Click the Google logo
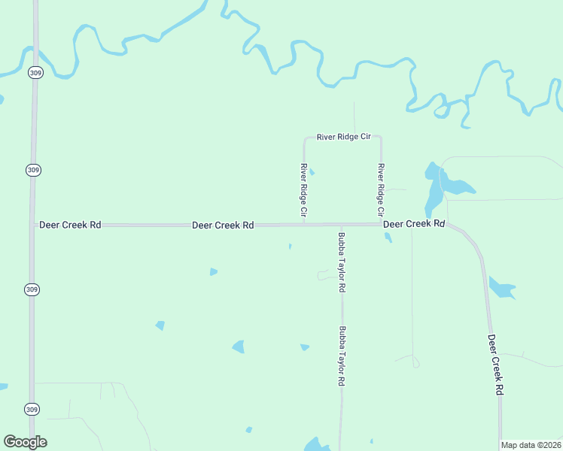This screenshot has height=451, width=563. (26, 442)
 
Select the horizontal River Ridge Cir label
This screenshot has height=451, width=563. (344, 137)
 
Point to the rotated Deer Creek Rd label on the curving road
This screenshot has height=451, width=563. (495, 365)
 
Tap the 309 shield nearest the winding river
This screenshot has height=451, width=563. (35, 72)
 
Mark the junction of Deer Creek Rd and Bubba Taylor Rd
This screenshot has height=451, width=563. (341, 225)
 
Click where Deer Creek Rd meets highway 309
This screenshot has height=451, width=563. (33, 225)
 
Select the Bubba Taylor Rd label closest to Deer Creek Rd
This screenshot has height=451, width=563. (342, 262)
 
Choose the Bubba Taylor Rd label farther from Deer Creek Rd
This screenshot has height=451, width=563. (342, 356)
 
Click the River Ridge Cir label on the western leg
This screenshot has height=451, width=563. (304, 188)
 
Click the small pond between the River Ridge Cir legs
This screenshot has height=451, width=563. (312, 172)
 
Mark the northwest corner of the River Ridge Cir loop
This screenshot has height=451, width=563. (305, 138)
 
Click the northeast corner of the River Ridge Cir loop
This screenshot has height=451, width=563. (380, 138)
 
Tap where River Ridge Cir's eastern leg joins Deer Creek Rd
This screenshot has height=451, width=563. (381, 224)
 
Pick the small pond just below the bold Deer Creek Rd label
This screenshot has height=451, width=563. (388, 238)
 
